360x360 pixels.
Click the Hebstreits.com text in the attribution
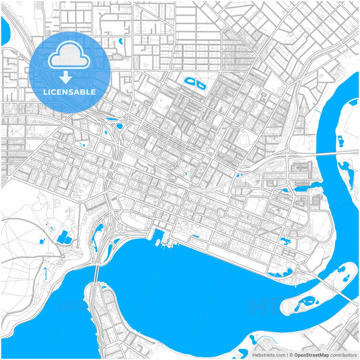coord(268,354)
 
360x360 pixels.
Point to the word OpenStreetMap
coord(311,354)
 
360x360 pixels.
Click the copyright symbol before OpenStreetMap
coord(289,354)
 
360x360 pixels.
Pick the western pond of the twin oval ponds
coord(190,82)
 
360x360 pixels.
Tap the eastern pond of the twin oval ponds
coord(201,84)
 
